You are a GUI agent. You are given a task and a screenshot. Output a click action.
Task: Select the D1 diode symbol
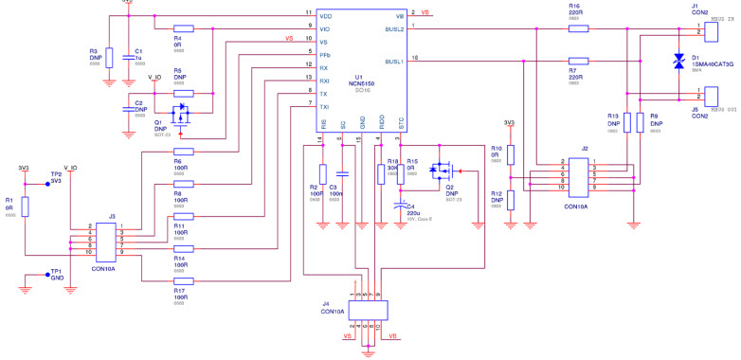678,62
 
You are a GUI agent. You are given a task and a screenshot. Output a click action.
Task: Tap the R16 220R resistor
579,29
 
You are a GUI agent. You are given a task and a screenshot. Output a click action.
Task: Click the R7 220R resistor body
579,62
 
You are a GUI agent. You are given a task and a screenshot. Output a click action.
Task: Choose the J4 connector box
368,309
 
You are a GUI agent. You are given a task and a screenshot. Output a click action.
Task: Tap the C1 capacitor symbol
128,56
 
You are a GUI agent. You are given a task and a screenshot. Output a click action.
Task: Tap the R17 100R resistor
184,280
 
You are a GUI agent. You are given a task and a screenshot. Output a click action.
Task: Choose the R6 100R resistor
184,151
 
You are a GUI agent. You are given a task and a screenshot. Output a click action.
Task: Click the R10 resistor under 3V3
510,154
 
